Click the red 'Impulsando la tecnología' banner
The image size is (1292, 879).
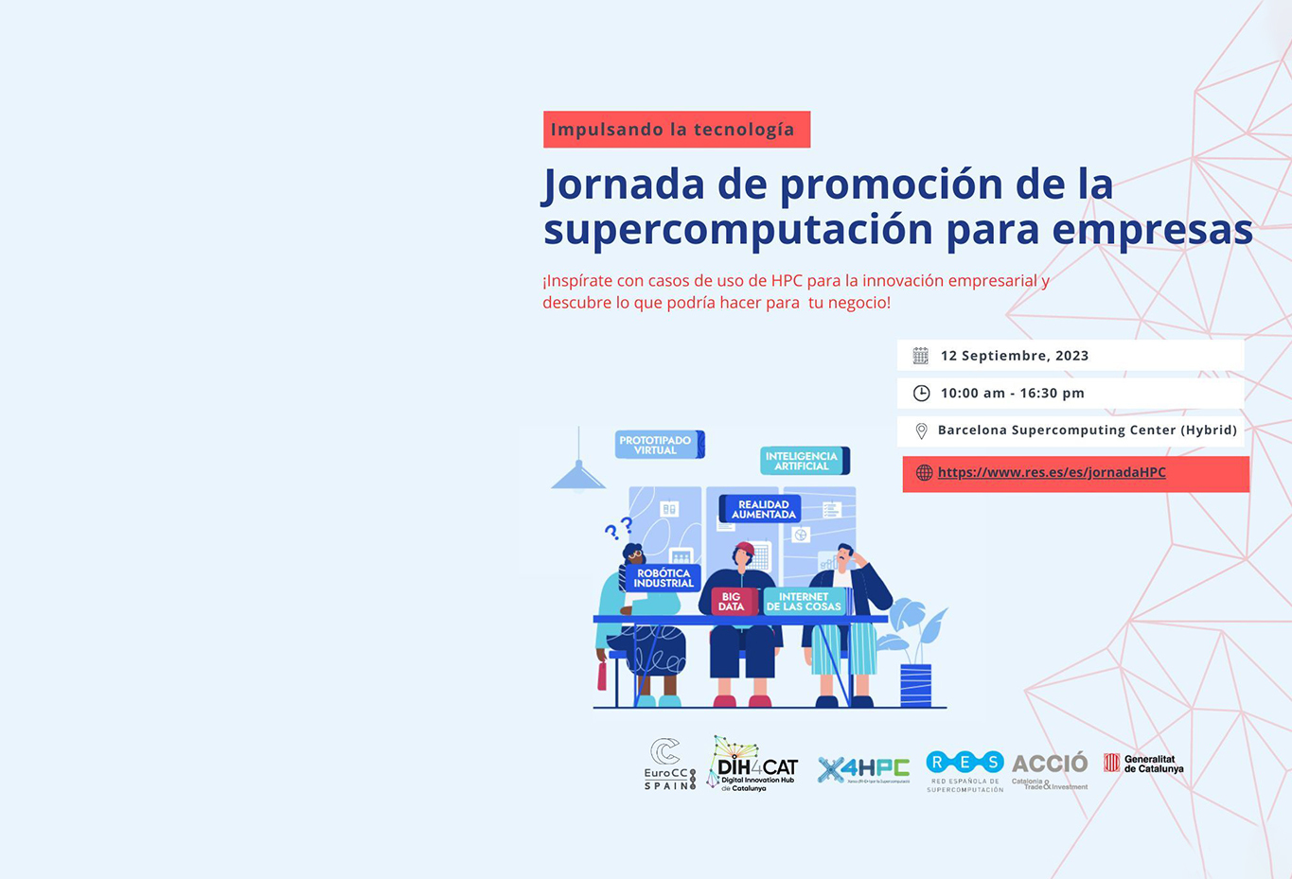(676, 130)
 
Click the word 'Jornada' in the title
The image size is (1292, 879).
(624, 185)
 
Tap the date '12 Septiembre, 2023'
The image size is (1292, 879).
(1014, 356)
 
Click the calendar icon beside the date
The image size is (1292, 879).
(920, 356)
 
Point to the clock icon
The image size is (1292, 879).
(921, 393)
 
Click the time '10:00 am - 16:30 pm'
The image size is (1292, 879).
(1012, 393)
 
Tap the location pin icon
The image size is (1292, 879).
(921, 431)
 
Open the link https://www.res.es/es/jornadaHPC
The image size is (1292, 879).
(1052, 472)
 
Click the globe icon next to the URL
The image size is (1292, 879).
(924, 472)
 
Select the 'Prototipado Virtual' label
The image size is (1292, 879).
(657, 445)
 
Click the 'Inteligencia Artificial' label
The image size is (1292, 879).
(803, 461)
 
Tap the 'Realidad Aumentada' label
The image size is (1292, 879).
(762, 509)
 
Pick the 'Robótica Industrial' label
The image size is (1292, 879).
(663, 578)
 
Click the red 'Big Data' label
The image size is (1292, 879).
(731, 602)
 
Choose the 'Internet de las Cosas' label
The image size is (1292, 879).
(804, 602)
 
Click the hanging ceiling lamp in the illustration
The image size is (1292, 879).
(578, 473)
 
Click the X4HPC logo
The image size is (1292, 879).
(862, 769)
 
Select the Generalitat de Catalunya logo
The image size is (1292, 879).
(1143, 764)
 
